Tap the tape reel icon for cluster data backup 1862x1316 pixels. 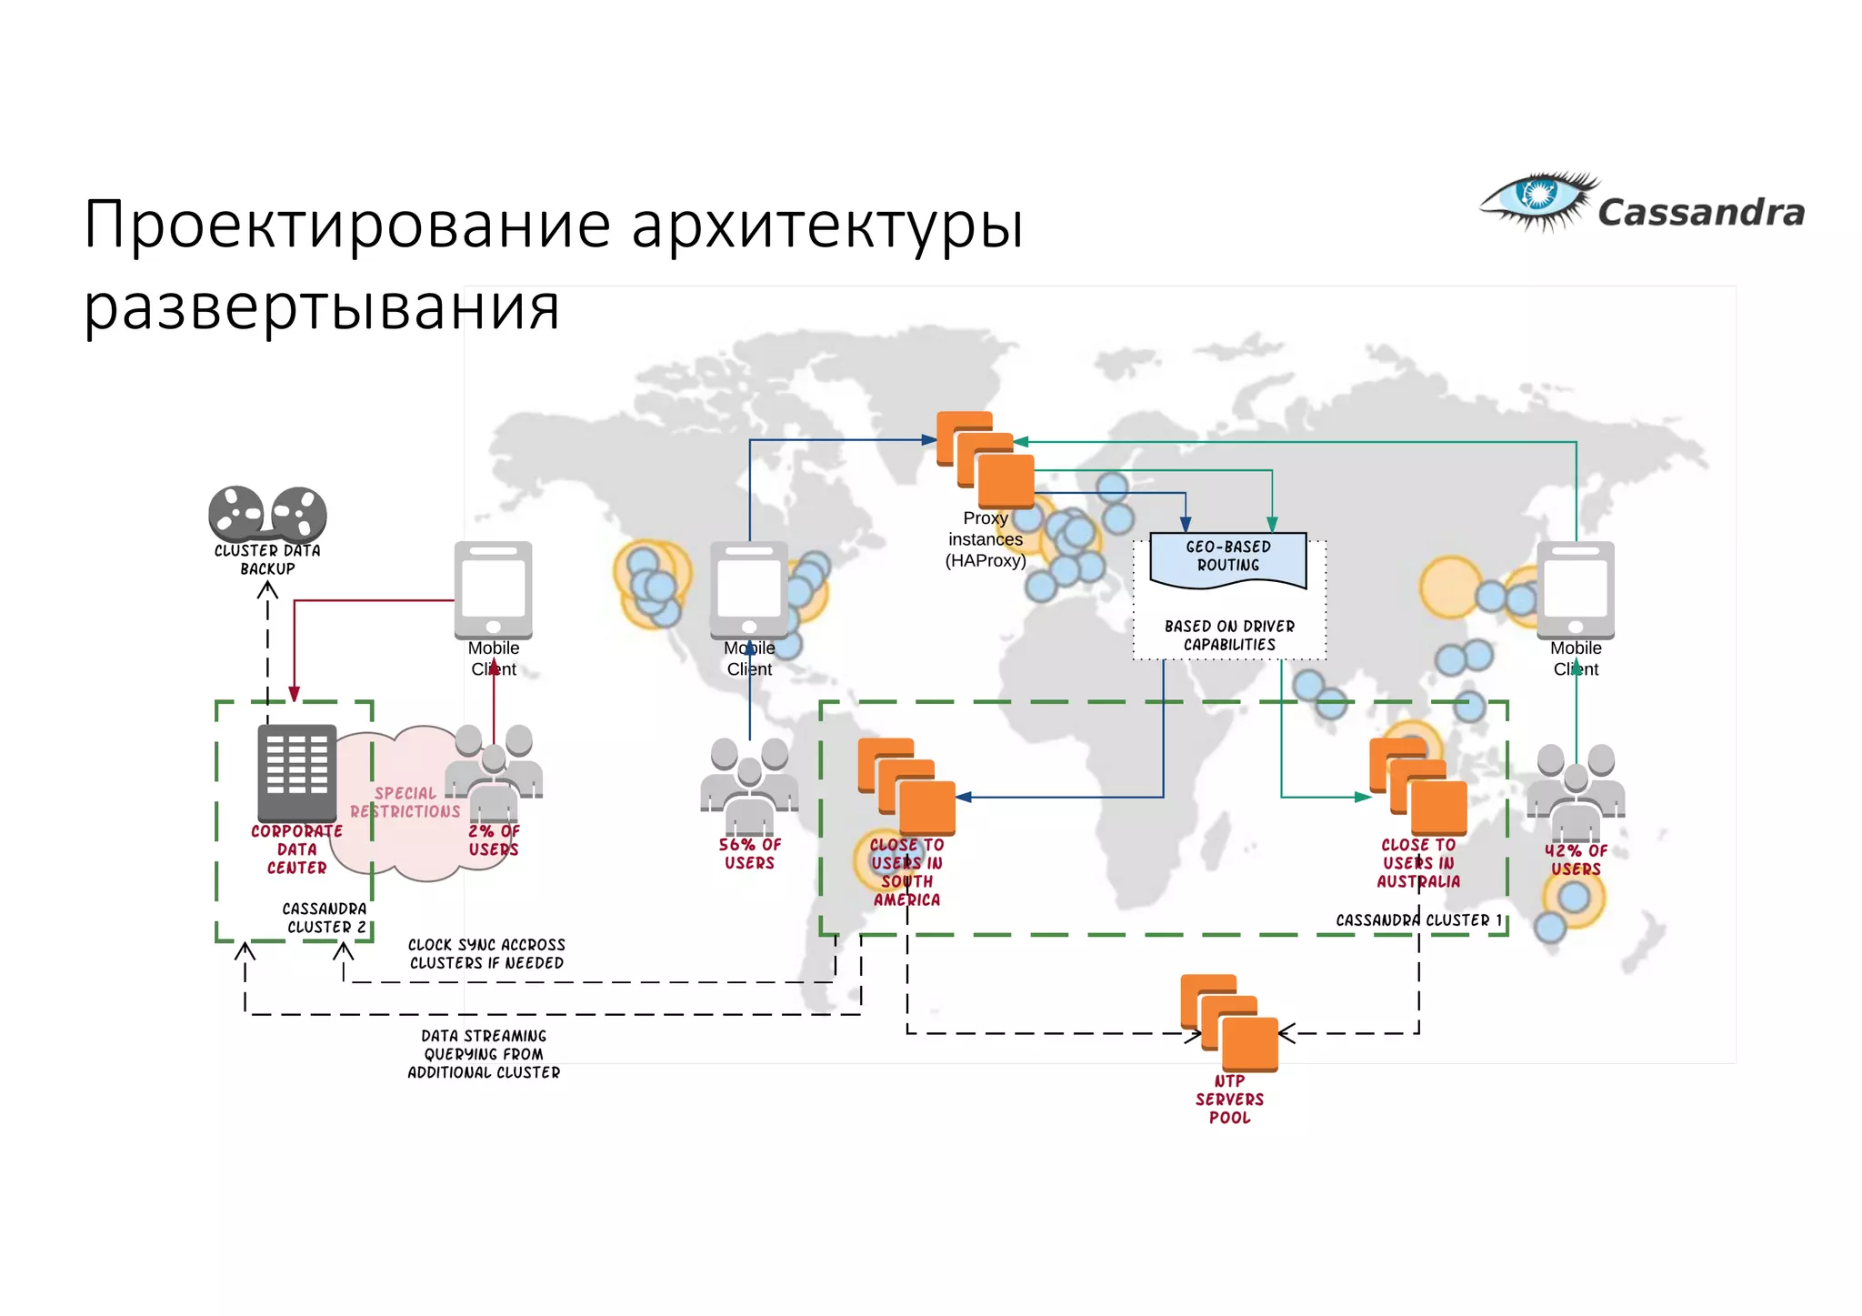click(x=267, y=514)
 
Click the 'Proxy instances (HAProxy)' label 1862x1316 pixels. click(x=986, y=539)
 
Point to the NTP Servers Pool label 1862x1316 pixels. click(x=1229, y=1100)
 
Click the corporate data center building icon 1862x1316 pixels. click(x=297, y=772)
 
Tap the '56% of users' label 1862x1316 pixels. click(x=749, y=854)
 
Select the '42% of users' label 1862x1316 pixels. click(x=1576, y=860)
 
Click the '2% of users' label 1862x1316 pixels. click(x=494, y=840)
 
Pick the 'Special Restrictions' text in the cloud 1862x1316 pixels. click(x=405, y=802)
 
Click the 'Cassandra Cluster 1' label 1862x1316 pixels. click(x=1418, y=920)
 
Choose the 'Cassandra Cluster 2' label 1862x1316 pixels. click(x=325, y=918)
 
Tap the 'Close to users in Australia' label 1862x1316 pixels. click(x=1418, y=863)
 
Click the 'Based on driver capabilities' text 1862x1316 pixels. click(x=1229, y=636)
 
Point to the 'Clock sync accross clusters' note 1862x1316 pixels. click(x=486, y=954)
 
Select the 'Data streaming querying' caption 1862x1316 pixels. click(x=484, y=1054)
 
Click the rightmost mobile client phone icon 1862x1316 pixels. click(x=1576, y=589)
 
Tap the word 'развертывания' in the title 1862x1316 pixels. click(x=322, y=307)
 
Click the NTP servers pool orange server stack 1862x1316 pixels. click(x=1229, y=1022)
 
